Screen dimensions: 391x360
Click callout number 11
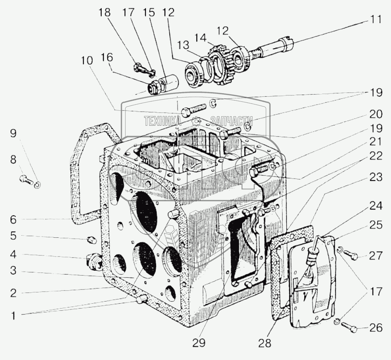click(376, 19)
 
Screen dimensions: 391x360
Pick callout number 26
click(375, 329)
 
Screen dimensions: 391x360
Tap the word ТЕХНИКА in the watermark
click(163, 121)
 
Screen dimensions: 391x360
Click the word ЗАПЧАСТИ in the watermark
click(232, 121)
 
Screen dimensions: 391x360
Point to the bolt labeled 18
click(140, 67)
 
